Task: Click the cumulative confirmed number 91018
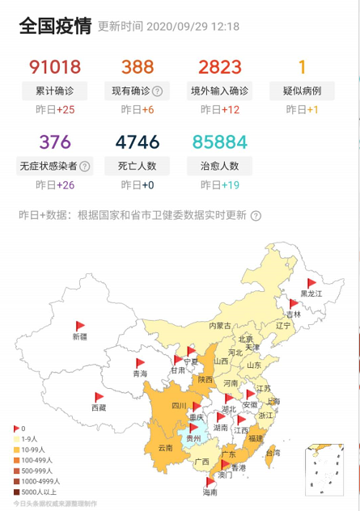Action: (55, 67)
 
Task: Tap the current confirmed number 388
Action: (138, 67)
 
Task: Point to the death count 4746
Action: (138, 142)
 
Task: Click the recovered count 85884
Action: (218, 142)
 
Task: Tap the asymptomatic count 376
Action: (55, 142)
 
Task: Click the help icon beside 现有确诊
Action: (158, 91)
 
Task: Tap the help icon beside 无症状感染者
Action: (85, 167)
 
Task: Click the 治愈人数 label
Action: (218, 167)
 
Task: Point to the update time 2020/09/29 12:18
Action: (191, 27)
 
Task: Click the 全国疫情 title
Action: (55, 26)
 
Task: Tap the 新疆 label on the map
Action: (79, 336)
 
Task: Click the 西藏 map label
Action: (99, 408)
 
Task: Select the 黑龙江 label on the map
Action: (311, 294)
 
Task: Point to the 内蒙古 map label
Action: (220, 325)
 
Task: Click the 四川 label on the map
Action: (180, 406)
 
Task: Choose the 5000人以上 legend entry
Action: (37, 491)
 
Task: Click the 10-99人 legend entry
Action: (35, 449)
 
